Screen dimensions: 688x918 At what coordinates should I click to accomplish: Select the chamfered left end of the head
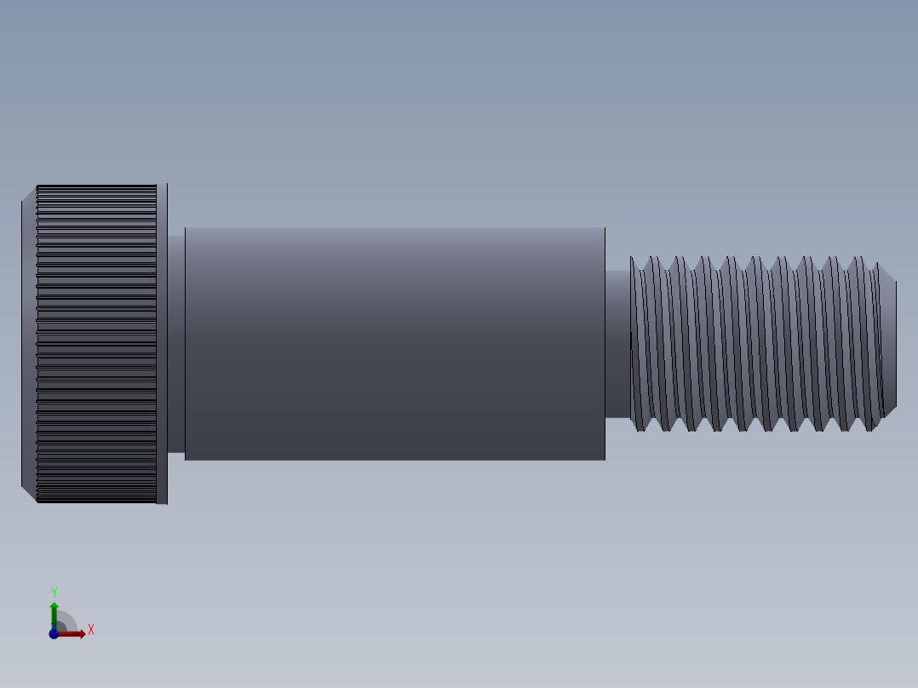(29, 343)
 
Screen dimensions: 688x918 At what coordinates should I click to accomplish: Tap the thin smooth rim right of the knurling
(162, 343)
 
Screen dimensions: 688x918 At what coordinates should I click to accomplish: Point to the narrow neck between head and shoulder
(175, 343)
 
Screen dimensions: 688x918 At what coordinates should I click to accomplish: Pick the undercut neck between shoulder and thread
(617, 343)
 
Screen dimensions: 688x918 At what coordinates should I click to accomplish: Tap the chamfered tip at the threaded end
(889, 343)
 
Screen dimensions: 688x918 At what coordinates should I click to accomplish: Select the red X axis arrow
(75, 634)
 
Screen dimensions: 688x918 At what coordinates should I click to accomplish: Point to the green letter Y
(54, 592)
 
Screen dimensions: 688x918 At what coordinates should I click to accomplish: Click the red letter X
(90, 630)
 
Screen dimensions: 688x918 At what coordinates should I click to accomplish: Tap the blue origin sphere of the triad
(54, 634)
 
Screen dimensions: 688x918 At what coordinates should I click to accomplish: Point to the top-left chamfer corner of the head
(29, 192)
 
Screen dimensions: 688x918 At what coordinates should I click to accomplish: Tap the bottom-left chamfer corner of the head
(29, 495)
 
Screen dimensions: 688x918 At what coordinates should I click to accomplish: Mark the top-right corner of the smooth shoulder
(604, 229)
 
